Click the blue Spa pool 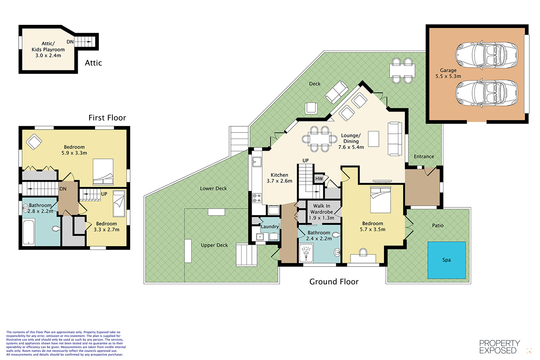447,260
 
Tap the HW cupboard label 319,179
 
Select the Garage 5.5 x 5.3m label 448,73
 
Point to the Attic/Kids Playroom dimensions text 48,55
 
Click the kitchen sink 257,162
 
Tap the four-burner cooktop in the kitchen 257,198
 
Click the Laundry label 270,226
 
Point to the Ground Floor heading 334,281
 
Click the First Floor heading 107,118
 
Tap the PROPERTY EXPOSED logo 500,347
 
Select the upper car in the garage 486,55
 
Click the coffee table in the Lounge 373,139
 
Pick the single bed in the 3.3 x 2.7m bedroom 119,203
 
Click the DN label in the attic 70,42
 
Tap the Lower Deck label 213,188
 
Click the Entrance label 424,157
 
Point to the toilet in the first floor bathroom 56,229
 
